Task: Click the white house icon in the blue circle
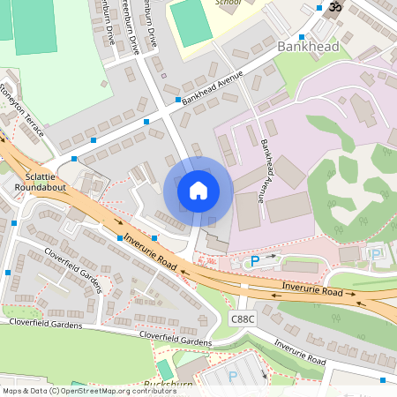point(198,191)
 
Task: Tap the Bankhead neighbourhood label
point(308,45)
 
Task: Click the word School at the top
point(228,3)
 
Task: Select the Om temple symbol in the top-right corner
point(334,8)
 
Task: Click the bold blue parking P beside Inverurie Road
point(255,261)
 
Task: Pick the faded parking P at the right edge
point(377,254)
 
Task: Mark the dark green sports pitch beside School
point(192,23)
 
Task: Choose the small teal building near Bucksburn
point(166,369)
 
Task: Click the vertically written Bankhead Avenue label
point(261,173)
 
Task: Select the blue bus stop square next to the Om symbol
point(318,7)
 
